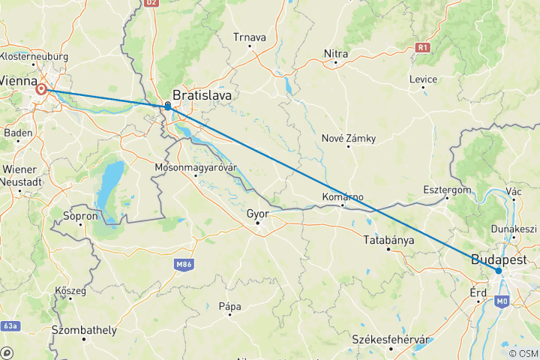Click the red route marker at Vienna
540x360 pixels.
pyautogui.click(x=42, y=90)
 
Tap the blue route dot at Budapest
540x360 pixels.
pyautogui.click(x=499, y=271)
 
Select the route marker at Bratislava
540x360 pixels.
pyautogui.click(x=167, y=106)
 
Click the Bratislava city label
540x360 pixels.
pyautogui.click(x=202, y=95)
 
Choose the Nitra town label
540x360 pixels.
pyautogui.click(x=336, y=53)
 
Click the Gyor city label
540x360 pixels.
pyautogui.click(x=257, y=213)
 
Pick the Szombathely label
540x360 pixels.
pyautogui.click(x=84, y=330)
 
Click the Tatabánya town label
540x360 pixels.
pyautogui.click(x=388, y=240)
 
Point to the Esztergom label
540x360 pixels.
pyautogui.click(x=447, y=190)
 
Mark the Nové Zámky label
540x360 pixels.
pyautogui.click(x=348, y=137)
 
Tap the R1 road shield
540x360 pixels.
pyautogui.click(x=424, y=47)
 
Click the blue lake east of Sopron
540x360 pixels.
pyautogui.click(x=111, y=187)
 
